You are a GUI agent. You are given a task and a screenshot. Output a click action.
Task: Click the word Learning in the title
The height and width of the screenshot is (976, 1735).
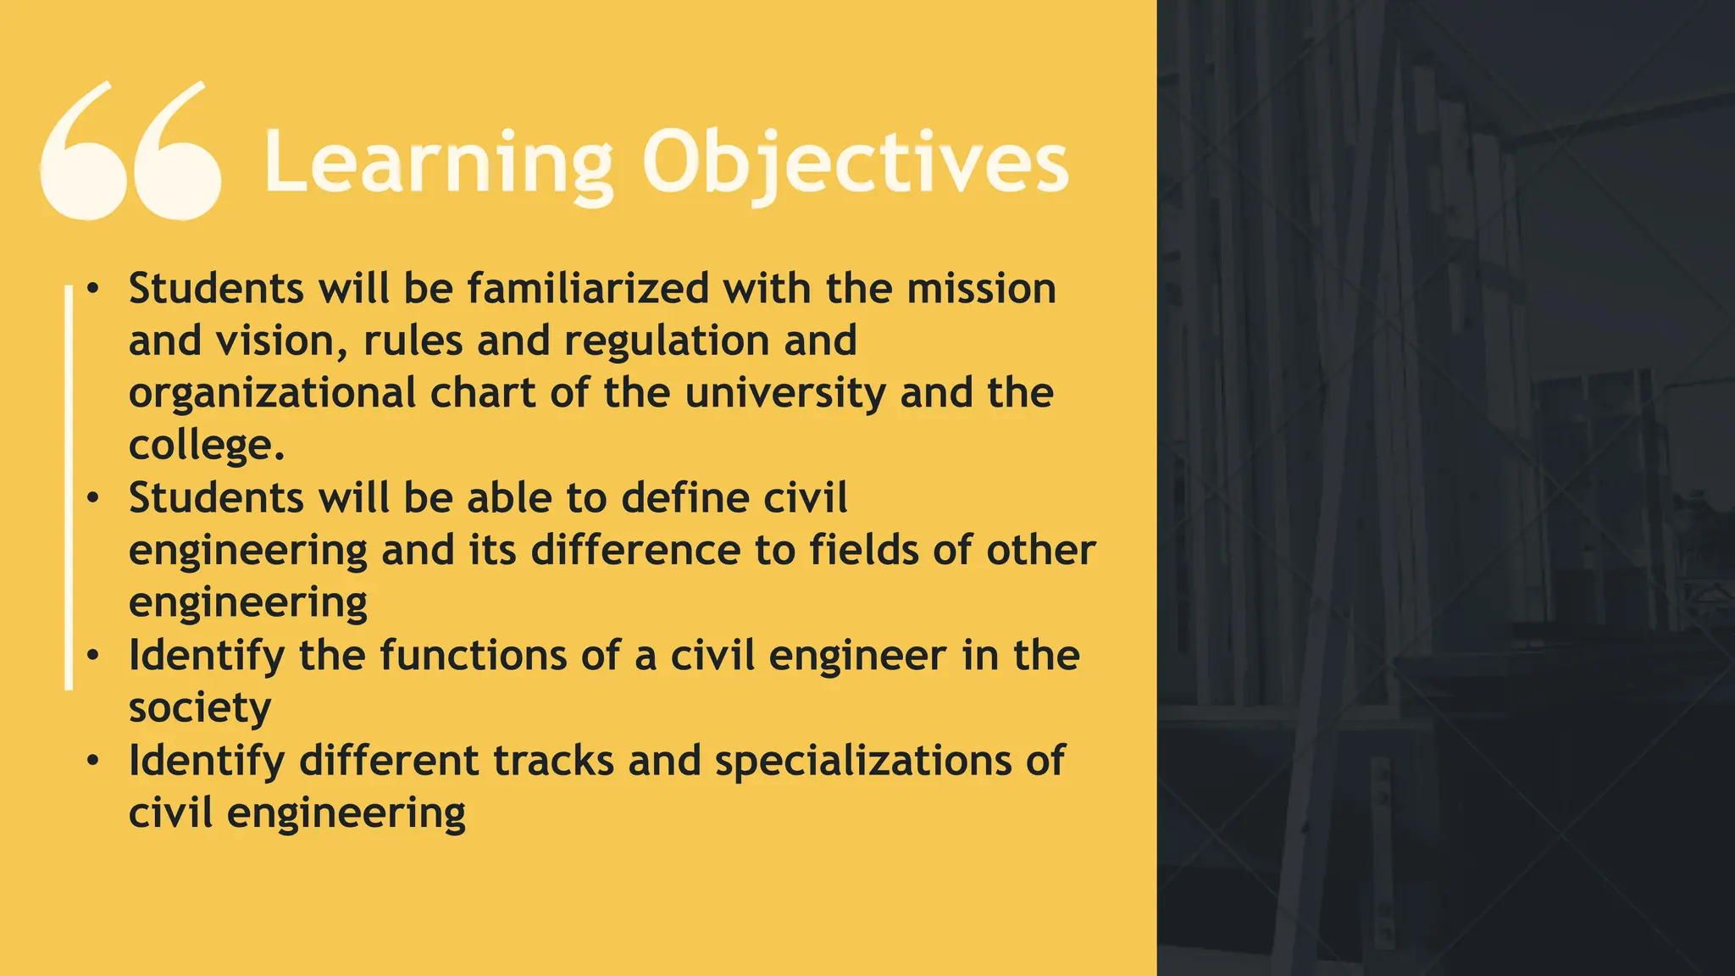tap(437, 163)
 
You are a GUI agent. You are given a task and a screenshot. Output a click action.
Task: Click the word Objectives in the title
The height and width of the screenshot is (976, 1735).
tap(855, 163)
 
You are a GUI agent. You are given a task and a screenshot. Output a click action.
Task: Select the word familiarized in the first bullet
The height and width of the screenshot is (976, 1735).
tap(588, 289)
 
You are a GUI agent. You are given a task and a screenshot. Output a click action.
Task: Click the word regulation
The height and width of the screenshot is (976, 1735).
tap(667, 341)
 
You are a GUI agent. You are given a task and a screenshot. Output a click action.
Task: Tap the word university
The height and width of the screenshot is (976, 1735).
tap(784, 394)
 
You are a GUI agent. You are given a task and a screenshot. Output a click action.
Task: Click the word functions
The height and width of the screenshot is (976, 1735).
tap(473, 656)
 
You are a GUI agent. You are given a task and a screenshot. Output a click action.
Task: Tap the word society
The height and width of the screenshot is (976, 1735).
tap(200, 708)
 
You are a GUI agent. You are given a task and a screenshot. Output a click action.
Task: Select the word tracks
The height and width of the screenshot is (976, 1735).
tap(553, 761)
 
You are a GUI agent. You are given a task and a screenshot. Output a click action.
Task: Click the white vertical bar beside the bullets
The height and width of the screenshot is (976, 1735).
tap(69, 487)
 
